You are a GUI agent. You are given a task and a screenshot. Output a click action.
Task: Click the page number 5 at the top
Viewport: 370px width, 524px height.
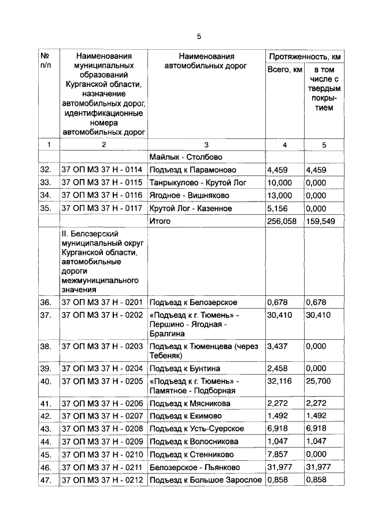[198, 36]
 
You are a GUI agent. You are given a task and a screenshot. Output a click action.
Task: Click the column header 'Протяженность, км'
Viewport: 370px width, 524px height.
[304, 57]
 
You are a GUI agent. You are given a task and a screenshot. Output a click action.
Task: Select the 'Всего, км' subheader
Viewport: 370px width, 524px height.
[284, 70]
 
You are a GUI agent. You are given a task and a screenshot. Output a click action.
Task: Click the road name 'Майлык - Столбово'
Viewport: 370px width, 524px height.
[186, 157]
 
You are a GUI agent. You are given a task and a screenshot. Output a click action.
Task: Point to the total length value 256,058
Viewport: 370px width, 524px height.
[282, 221]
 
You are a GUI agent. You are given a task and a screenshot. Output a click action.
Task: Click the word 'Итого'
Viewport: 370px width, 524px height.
[160, 221]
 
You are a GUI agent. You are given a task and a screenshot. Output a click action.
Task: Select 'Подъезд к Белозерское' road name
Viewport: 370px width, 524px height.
[193, 302]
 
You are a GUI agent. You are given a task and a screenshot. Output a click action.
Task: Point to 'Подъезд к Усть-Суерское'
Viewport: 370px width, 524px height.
[197, 428]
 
